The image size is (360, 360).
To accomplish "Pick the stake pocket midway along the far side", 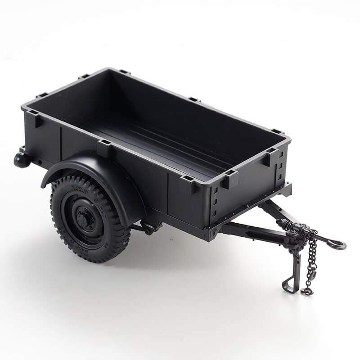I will coord(194,99).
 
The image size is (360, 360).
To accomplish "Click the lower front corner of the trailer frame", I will coord(209,234).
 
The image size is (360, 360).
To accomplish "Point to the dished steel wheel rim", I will coord(74,220).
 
